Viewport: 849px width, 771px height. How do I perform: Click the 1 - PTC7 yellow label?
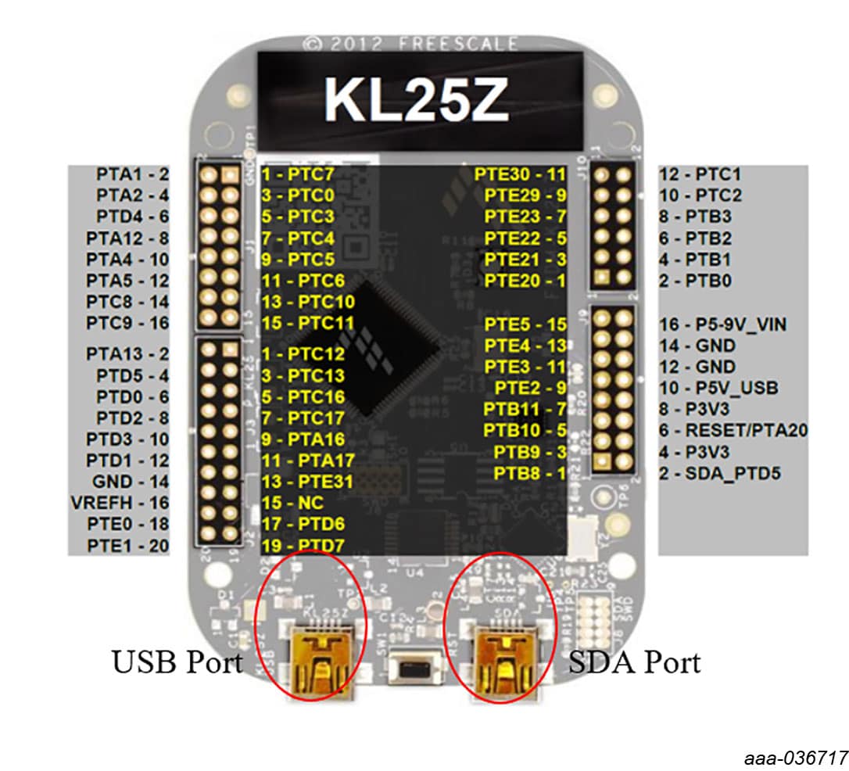pos(297,174)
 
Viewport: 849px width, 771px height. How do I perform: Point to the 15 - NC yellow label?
pos(293,503)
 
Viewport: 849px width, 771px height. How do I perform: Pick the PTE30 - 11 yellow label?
pos(519,174)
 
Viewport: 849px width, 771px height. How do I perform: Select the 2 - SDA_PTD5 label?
pos(721,472)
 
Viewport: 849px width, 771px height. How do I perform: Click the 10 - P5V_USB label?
pos(719,388)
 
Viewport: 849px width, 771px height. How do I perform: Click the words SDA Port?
pos(634,662)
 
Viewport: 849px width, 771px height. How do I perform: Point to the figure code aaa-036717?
pos(796,756)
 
